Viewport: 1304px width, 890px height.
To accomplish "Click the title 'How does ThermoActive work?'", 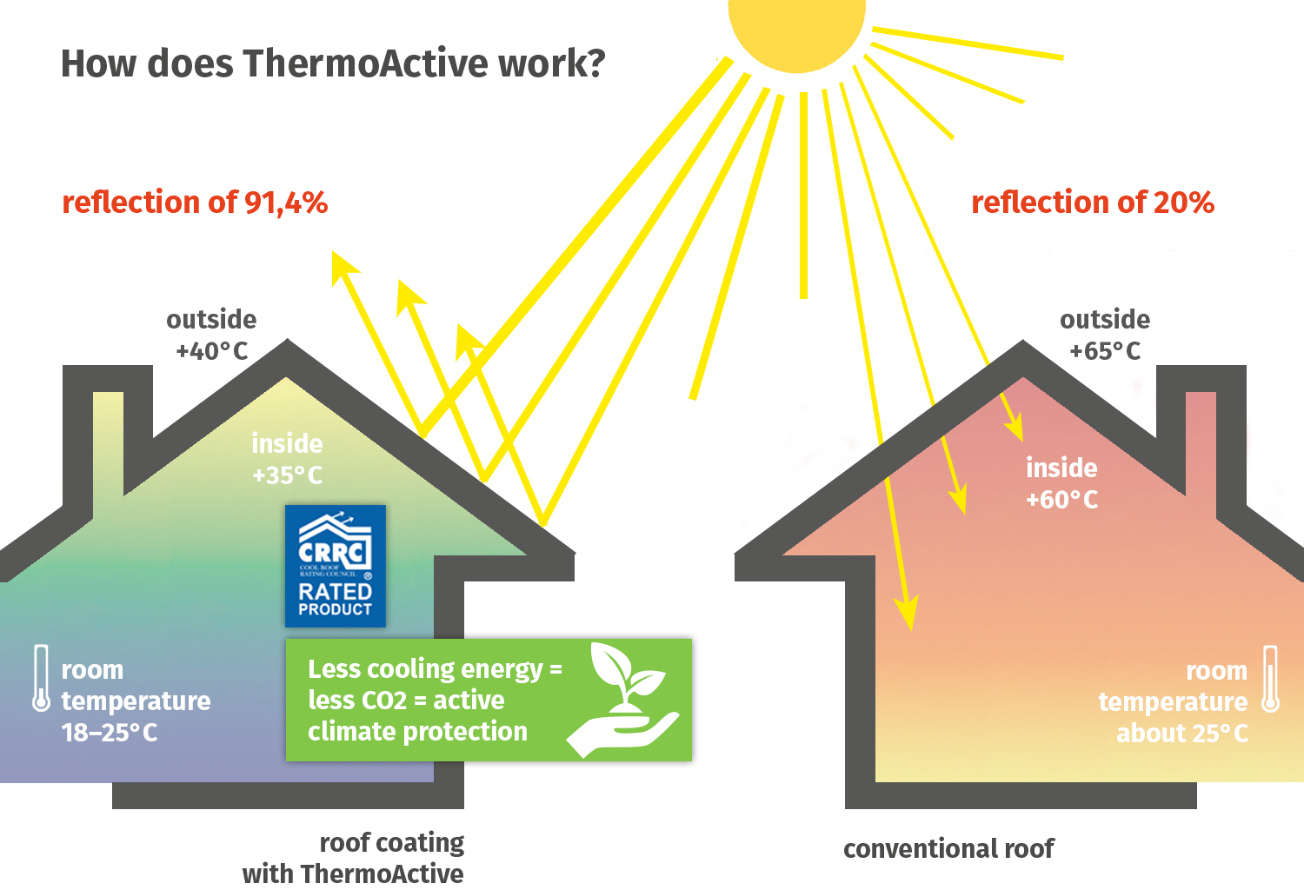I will [332, 63].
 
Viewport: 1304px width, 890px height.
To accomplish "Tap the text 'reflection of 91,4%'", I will [195, 203].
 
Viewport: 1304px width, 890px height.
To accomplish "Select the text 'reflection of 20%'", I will [1092, 203].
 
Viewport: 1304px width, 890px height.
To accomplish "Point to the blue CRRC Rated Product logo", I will [335, 566].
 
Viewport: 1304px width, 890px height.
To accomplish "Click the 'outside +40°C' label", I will [211, 335].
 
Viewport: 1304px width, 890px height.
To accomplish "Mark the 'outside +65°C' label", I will [1104, 335].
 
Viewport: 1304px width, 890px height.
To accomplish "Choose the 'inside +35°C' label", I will [287, 459].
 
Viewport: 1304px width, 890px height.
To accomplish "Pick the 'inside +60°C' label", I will [1061, 483].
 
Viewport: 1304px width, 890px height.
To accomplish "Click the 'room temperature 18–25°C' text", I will [136, 701].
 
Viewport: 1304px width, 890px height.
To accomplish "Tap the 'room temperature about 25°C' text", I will [1173, 701].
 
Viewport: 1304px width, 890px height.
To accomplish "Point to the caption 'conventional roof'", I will [948, 848].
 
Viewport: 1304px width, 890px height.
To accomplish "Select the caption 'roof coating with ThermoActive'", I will [374, 858].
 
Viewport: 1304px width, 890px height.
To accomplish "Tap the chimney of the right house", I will [1201, 435].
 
